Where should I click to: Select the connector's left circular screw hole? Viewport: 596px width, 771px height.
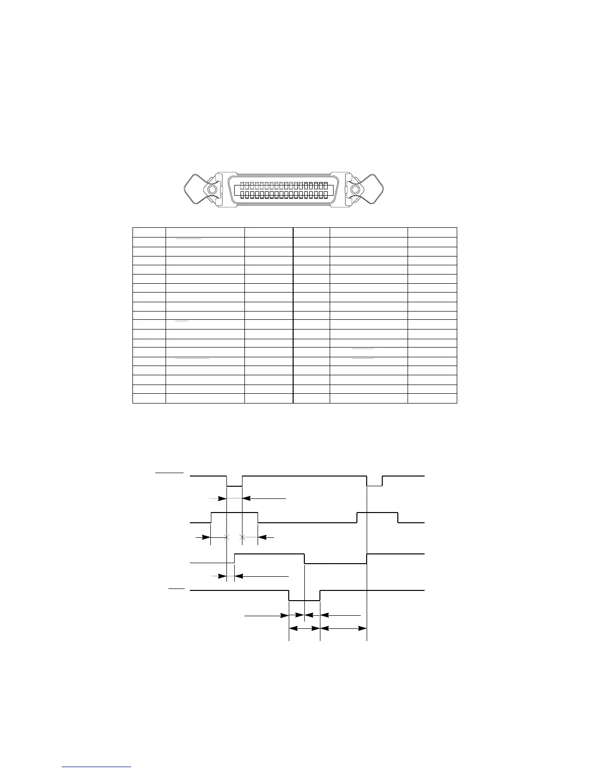click(x=211, y=190)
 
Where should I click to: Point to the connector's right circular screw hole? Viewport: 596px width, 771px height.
click(x=355, y=190)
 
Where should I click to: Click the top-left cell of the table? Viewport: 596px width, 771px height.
click(x=149, y=232)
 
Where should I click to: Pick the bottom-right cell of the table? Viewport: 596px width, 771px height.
click(x=432, y=399)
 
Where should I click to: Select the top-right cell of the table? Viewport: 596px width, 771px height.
click(x=432, y=232)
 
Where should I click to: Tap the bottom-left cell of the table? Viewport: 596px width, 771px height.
click(x=149, y=399)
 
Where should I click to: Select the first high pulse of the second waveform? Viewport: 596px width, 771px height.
click(x=234, y=513)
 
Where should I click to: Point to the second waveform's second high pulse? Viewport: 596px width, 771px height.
click(x=377, y=513)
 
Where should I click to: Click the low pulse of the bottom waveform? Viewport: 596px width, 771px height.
click(x=304, y=600)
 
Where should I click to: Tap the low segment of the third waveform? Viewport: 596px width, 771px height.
click(x=335, y=563)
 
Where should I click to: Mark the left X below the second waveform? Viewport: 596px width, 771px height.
click(x=226, y=537)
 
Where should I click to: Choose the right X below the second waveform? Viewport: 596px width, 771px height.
click(x=242, y=537)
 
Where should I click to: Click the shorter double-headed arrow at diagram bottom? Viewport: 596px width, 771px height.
click(x=304, y=628)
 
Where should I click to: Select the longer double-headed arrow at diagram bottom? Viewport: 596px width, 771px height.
click(x=343, y=628)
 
